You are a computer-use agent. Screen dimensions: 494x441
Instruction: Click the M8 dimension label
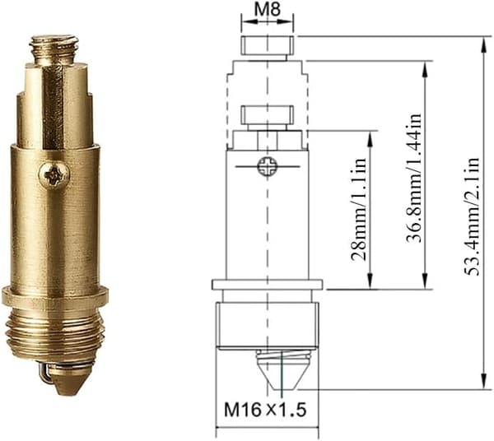tap(268, 10)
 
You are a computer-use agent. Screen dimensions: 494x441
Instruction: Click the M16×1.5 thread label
tap(265, 410)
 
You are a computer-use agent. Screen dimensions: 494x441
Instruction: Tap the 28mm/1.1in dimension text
tap(360, 209)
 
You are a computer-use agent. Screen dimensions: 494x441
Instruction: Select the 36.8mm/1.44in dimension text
tap(414, 178)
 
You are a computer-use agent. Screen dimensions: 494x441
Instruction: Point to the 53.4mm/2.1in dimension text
tap(473, 217)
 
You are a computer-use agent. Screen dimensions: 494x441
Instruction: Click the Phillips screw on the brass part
tap(54, 174)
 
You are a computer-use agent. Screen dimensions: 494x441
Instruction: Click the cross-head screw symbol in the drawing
tap(267, 166)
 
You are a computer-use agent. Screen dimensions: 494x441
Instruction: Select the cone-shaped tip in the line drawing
tap(283, 374)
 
